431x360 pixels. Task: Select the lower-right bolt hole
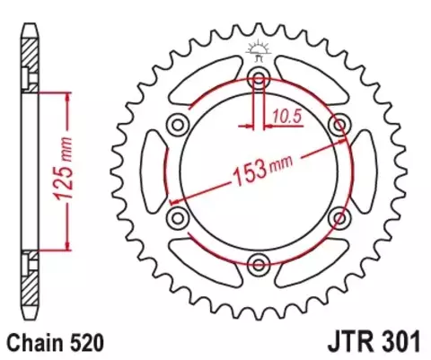coord(341,215)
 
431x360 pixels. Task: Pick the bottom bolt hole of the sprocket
coord(259,263)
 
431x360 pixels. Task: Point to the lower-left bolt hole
coord(177,215)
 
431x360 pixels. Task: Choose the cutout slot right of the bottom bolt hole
coord(310,257)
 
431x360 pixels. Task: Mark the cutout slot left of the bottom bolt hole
coord(208,257)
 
